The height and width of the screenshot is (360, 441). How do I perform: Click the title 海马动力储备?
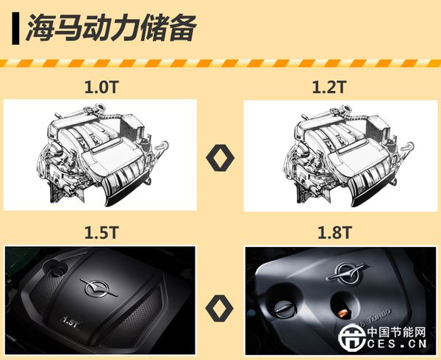click(111, 28)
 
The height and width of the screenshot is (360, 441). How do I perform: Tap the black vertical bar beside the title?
click(15, 29)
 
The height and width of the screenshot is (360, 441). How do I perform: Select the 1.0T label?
click(101, 87)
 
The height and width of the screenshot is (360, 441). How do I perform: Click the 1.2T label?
click(329, 87)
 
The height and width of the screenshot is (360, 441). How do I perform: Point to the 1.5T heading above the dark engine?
click(101, 233)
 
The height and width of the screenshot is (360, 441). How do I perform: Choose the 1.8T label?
click(334, 233)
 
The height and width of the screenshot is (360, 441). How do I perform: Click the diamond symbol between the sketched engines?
click(220, 158)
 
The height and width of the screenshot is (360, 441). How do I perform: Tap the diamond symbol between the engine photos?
click(219, 308)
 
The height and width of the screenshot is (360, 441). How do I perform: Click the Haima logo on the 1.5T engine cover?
click(98, 288)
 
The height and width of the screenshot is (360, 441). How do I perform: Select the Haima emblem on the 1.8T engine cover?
click(348, 272)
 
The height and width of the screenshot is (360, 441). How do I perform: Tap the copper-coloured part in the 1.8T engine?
click(343, 313)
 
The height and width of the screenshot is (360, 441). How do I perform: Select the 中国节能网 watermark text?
click(397, 333)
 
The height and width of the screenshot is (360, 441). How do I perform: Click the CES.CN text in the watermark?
click(397, 344)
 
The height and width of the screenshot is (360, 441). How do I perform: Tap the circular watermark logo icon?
click(352, 337)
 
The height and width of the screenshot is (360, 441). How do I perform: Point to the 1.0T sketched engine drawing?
click(103, 156)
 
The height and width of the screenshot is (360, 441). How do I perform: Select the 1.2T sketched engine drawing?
click(348, 156)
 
